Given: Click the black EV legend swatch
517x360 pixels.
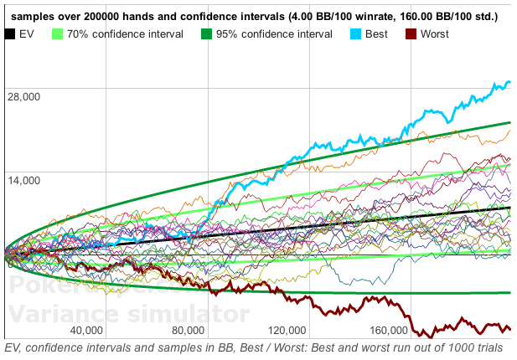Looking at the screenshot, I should (11, 34).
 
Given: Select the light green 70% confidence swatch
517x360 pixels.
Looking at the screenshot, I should (58, 34).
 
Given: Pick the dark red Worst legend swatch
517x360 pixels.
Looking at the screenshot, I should (411, 34).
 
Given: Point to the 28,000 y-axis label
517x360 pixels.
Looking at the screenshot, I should (23, 96).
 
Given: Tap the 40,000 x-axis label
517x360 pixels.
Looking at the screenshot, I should (91, 329).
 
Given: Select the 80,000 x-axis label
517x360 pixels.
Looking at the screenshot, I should (186, 329).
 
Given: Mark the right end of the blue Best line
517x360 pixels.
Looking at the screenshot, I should (509, 82).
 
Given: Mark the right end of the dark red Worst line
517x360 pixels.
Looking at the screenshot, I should (509, 328).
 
